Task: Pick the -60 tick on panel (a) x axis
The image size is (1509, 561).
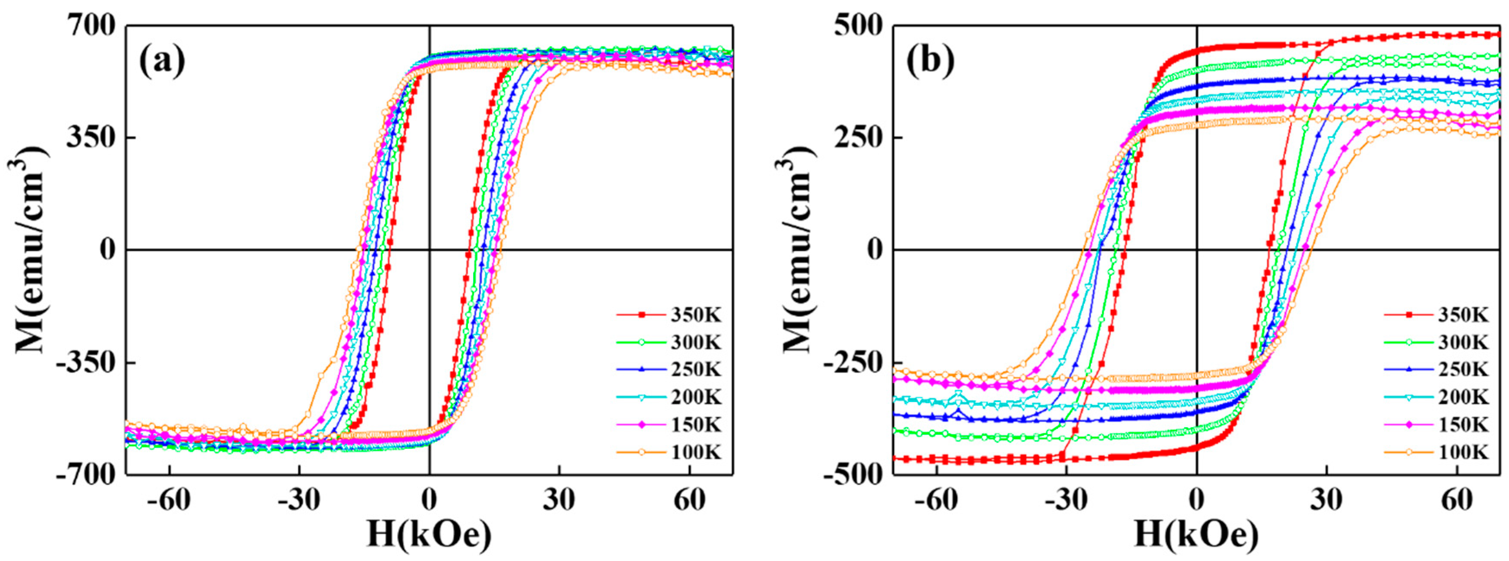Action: pos(169,500)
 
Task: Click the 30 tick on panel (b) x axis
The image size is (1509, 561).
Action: pos(1326,500)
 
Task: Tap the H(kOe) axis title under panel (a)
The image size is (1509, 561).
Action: pos(428,535)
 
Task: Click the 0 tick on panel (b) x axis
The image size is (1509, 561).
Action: pos(1196,500)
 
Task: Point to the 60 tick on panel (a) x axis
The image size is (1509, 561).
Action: pos(689,500)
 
